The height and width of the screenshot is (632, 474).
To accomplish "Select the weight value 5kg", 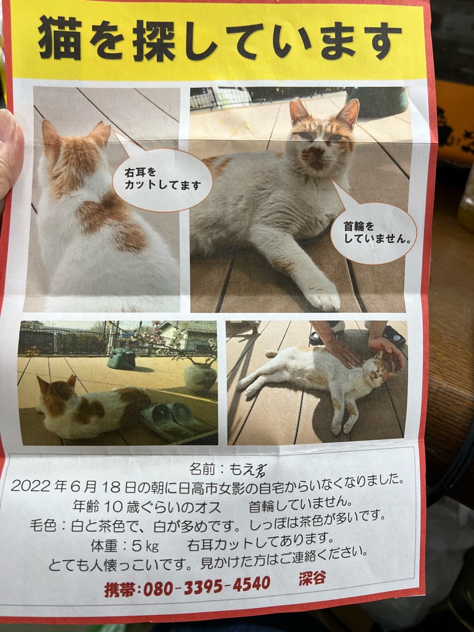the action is click(145, 546).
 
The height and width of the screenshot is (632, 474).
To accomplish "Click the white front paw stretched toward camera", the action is click(322, 297).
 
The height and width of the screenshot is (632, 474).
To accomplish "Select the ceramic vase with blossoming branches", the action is click(201, 377).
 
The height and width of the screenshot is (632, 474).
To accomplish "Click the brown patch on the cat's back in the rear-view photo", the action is click(111, 220).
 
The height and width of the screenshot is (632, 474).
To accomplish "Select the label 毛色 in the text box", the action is click(43, 526).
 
